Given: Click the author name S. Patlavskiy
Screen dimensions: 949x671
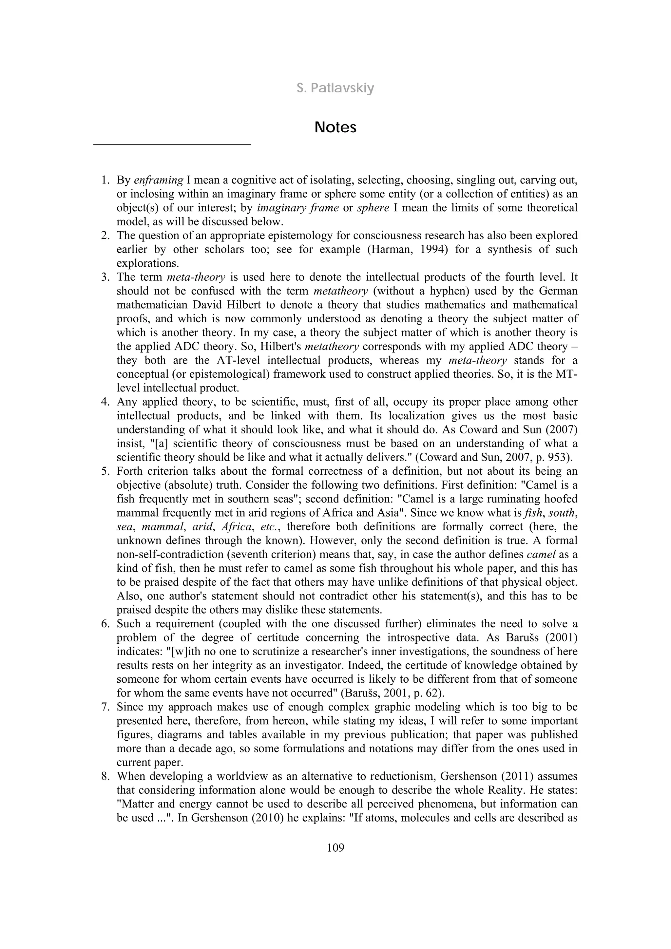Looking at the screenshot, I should tap(335, 88).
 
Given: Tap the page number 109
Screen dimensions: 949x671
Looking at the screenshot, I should tap(335, 848).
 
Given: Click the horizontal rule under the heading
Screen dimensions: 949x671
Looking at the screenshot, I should tap(172, 144).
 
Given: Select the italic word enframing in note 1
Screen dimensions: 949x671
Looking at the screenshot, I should tap(159, 180).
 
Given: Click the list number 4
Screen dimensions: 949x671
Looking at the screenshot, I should tap(105, 402).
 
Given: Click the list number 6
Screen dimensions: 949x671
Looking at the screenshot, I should tap(105, 624).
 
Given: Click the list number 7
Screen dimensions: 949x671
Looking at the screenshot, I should tap(105, 707).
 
